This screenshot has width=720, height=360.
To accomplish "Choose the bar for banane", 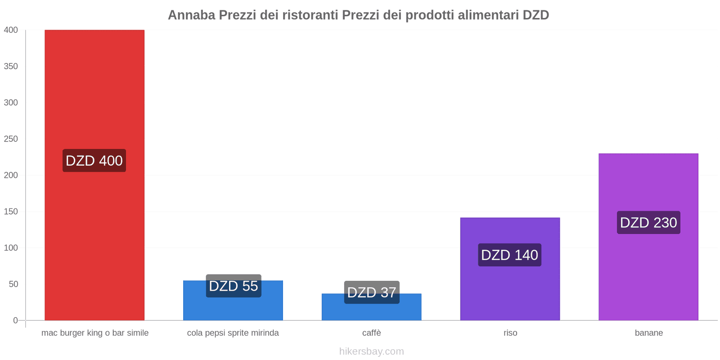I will click(x=648, y=270).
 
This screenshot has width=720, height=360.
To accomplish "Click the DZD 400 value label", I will click(x=94, y=161).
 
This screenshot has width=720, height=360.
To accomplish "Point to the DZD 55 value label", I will click(x=234, y=286).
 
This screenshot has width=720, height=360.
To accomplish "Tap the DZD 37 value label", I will click(x=372, y=292).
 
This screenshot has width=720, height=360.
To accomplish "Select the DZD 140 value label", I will click(x=509, y=255).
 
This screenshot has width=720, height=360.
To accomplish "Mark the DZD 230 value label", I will click(x=648, y=223).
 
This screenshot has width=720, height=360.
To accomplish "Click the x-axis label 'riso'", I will click(x=510, y=333).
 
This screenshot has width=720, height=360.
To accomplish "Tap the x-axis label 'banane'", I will click(x=648, y=333).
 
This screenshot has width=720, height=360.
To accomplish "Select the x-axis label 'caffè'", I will click(x=372, y=333).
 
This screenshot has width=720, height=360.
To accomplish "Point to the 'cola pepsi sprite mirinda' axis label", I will click(x=233, y=333).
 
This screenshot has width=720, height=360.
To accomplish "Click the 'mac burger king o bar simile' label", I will click(x=95, y=333).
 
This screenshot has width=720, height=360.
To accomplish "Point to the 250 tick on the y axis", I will click(x=11, y=139).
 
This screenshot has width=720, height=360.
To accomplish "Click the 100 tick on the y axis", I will click(x=11, y=248).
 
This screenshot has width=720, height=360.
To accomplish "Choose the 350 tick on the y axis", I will click(x=11, y=67).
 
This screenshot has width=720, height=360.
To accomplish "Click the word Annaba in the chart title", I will click(x=192, y=15).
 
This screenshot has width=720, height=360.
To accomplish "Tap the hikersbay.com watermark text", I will click(x=372, y=351).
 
